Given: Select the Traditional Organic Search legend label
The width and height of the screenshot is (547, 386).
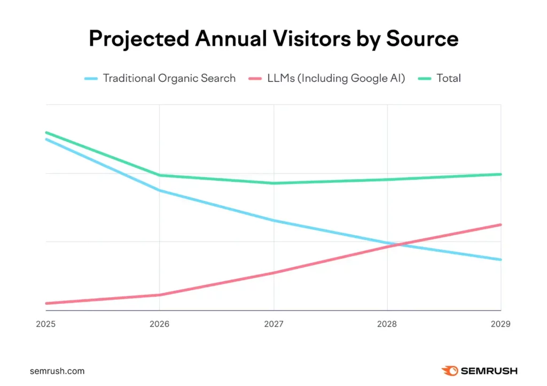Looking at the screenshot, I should [169, 78].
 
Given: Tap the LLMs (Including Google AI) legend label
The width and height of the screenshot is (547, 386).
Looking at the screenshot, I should [337, 78].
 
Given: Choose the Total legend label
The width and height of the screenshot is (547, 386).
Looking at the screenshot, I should [448, 78].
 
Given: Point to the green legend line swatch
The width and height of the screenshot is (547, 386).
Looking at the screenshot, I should [424, 79].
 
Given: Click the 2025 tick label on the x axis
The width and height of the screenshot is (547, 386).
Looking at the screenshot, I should [45, 324].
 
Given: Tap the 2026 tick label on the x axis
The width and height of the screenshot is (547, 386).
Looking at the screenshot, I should [159, 324].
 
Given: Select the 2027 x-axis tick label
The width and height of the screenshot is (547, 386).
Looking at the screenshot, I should [273, 324].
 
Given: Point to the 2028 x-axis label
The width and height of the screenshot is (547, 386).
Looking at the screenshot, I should [387, 324].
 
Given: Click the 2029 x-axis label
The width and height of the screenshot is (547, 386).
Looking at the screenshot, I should [500, 324].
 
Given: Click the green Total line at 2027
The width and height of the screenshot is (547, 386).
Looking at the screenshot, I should [273, 183].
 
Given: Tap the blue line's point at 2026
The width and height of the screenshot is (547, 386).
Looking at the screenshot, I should [159, 190].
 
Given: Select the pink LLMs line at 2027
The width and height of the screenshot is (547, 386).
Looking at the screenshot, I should [273, 273].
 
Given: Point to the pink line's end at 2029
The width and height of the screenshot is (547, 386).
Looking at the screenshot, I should [501, 225].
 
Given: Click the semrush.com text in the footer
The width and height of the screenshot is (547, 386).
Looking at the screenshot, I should [57, 370].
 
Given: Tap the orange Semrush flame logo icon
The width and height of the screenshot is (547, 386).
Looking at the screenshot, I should [449, 370].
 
